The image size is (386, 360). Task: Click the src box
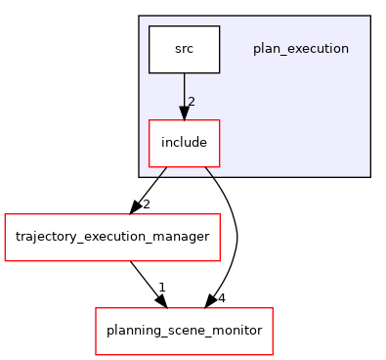coord(184,49)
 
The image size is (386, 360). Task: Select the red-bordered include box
coord(184,143)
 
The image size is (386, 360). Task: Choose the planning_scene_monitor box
coord(184,331)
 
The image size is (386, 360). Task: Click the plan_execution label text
coord(300,49)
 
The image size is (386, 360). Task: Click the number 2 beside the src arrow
coord(192,102)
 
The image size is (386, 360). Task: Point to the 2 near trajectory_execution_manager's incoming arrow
coord(146,204)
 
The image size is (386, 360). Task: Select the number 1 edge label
coord(161,287)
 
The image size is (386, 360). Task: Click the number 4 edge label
coord(222,297)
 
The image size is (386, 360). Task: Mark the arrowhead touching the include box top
coord(184,113)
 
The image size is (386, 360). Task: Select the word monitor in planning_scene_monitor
coord(238,331)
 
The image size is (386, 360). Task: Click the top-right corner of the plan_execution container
coord(370,17)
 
